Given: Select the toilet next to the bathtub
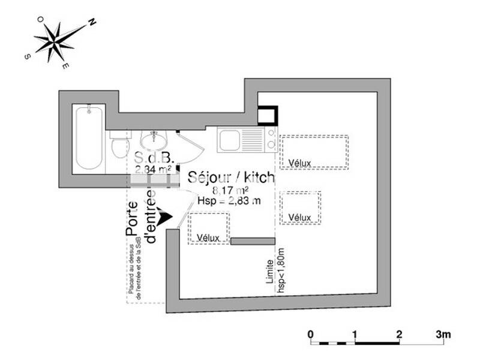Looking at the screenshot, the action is click(119, 145).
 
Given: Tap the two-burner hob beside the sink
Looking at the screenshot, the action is click(271, 140).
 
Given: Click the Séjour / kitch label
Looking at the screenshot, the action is click(231, 177).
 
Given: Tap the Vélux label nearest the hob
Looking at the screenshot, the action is click(299, 163).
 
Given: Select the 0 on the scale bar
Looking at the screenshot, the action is click(310, 334).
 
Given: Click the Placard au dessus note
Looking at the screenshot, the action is click(134, 267).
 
